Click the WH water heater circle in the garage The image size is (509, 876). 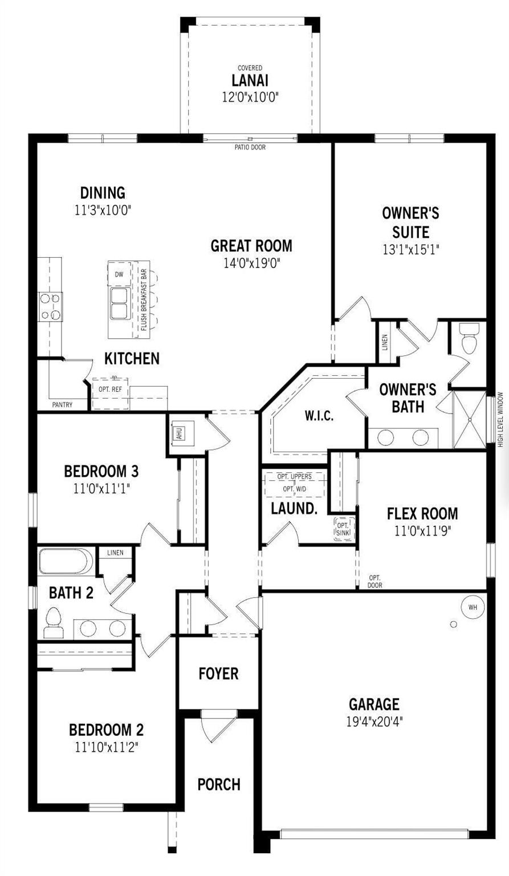[x=473, y=607]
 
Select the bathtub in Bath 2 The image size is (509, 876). [x=66, y=561]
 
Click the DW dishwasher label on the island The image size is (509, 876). [x=119, y=274]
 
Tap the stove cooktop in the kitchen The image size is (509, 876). [x=50, y=306]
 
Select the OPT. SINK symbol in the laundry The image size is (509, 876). [x=343, y=529]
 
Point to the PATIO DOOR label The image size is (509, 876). [x=250, y=147]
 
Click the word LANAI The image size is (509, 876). [x=250, y=80]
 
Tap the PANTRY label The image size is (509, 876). [x=62, y=405]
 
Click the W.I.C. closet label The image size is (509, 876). [x=319, y=416]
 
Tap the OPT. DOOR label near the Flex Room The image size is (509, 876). [x=375, y=581]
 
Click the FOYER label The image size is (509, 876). [x=218, y=674]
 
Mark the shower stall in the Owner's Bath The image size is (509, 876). [x=469, y=419]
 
